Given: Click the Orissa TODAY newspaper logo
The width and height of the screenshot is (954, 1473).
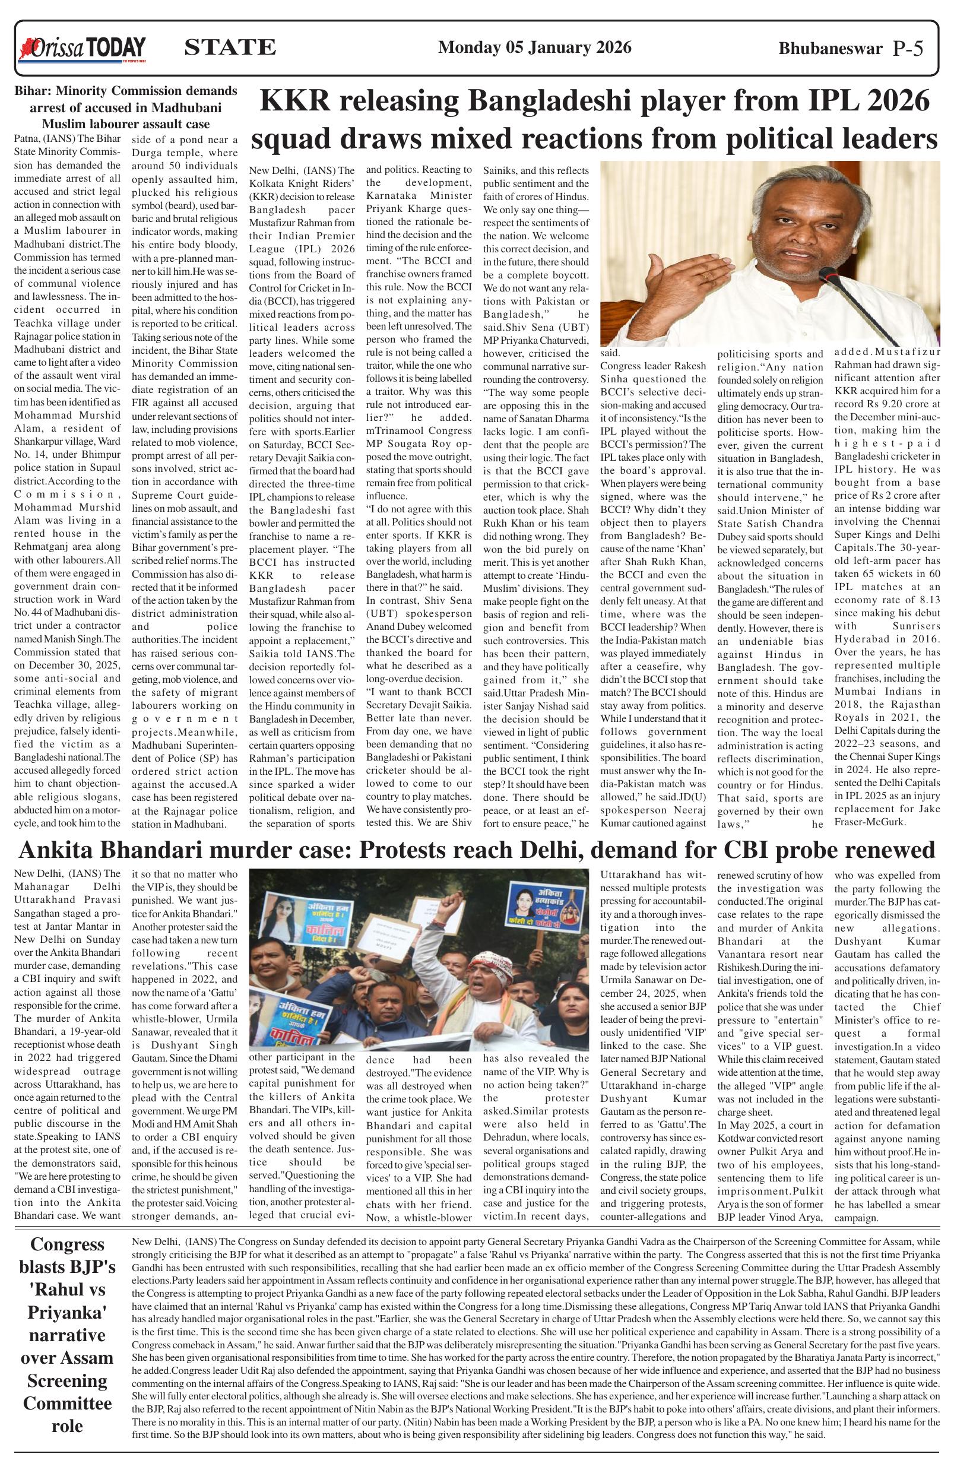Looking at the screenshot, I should tap(83, 49).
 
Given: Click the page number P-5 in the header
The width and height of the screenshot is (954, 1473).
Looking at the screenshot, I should tap(908, 49).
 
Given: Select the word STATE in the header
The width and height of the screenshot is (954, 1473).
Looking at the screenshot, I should tap(230, 47).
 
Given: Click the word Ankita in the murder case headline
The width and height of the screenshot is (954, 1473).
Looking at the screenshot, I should tap(64, 850).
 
